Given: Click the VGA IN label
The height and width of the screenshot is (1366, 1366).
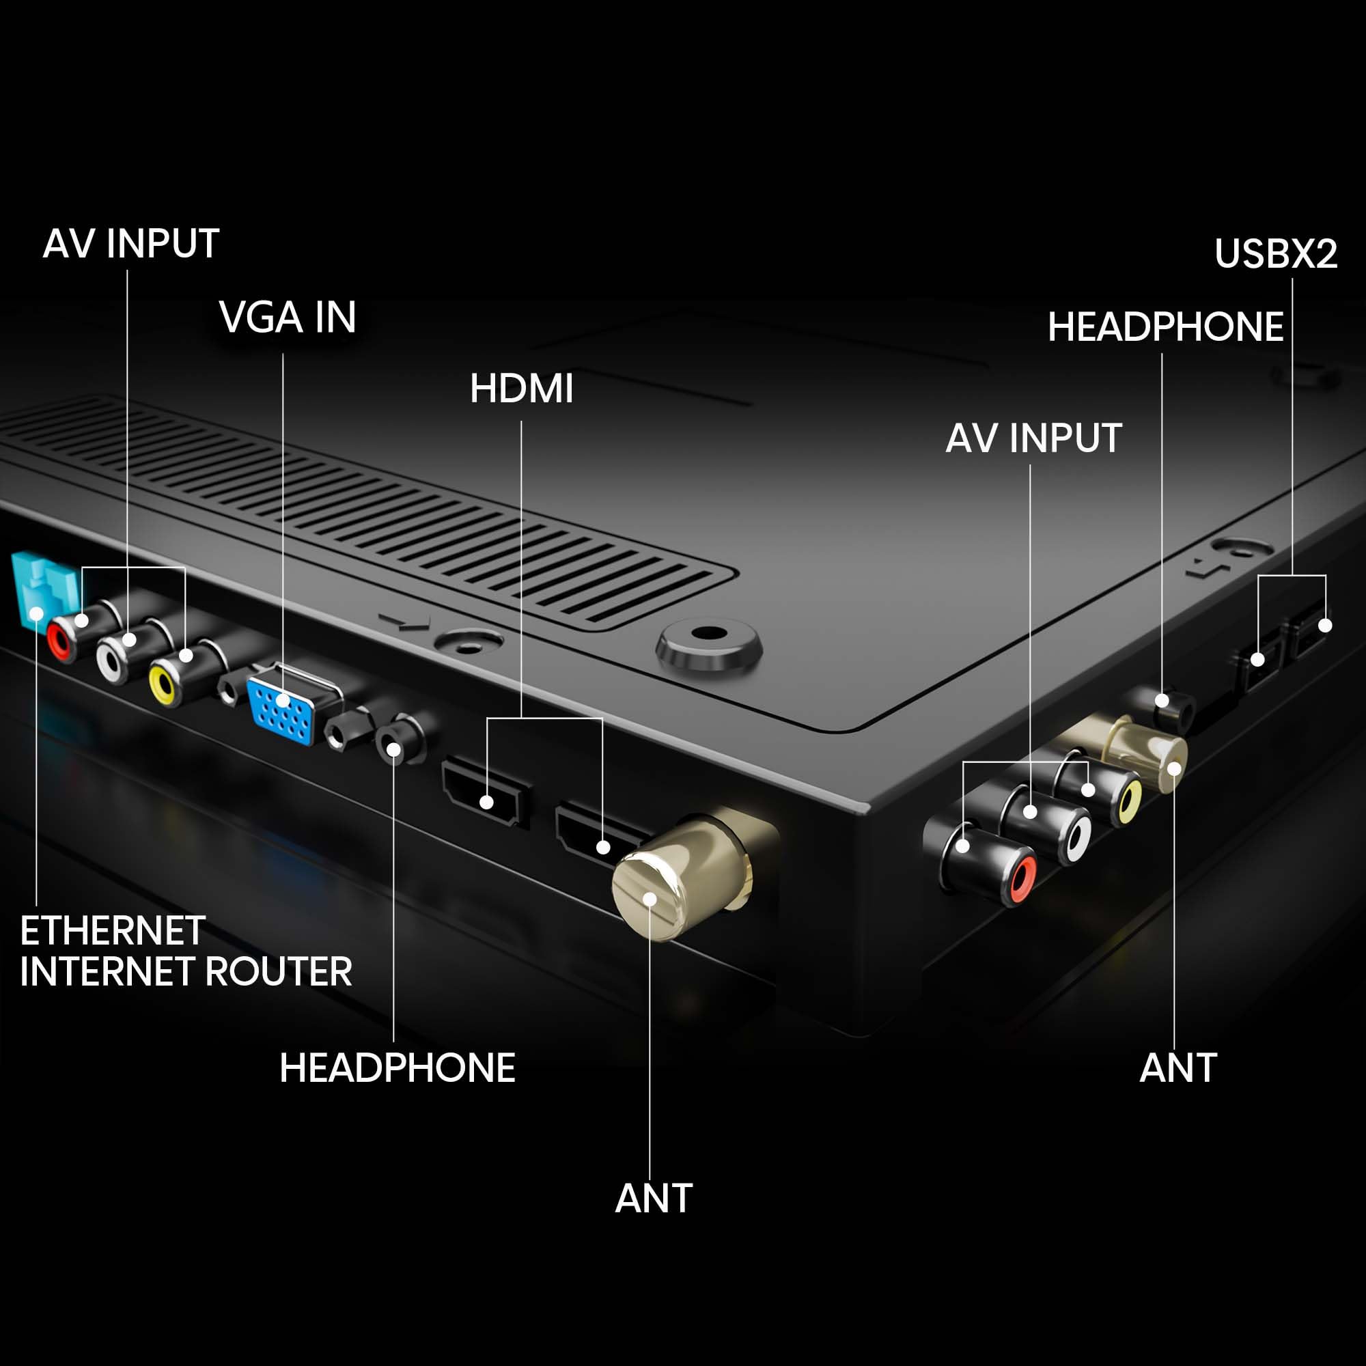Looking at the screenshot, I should coord(288,318).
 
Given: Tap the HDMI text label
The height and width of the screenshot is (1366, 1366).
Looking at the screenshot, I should coord(522,389).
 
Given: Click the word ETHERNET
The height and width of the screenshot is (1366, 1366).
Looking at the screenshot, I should coord(113,930).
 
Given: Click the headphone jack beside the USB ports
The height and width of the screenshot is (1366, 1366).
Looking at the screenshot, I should coord(1173,707).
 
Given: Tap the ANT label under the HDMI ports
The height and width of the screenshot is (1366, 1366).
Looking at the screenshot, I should coord(654,1199).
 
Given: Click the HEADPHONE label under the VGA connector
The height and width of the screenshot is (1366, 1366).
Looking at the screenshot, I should coord(398,1068).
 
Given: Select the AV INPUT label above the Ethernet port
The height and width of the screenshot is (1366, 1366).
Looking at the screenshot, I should coord(132,244).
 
